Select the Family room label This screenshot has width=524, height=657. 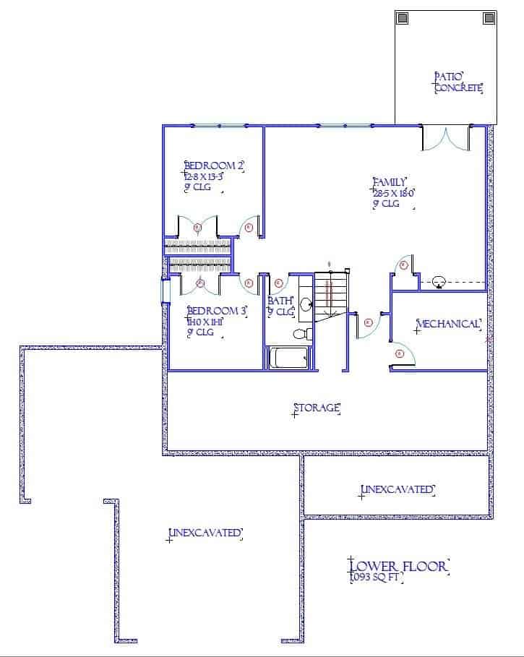[x=390, y=182]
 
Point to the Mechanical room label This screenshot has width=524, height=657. [x=448, y=324]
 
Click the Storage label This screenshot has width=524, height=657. [x=317, y=408]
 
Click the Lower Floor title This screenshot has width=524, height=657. [x=398, y=565]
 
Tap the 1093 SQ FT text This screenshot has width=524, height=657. [x=375, y=578]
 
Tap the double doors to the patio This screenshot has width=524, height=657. [x=447, y=138]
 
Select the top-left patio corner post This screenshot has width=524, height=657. [x=404, y=18]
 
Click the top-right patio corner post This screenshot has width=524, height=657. [x=487, y=18]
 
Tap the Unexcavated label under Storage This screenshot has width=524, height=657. [x=398, y=490]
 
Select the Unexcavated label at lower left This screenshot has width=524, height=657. [x=205, y=533]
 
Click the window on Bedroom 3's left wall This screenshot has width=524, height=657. [x=166, y=290]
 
